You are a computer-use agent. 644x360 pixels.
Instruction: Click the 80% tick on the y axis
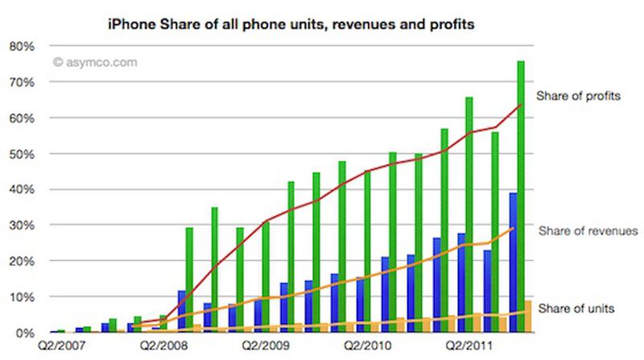(x=22, y=47)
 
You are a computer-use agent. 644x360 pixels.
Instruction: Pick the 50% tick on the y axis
(x=22, y=154)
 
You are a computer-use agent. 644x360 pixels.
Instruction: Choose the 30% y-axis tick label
(x=22, y=226)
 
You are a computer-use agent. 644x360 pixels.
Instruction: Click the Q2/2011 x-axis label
(x=473, y=349)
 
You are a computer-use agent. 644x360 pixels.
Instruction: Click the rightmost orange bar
(x=528, y=317)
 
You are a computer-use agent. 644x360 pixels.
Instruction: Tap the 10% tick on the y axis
(x=22, y=297)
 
